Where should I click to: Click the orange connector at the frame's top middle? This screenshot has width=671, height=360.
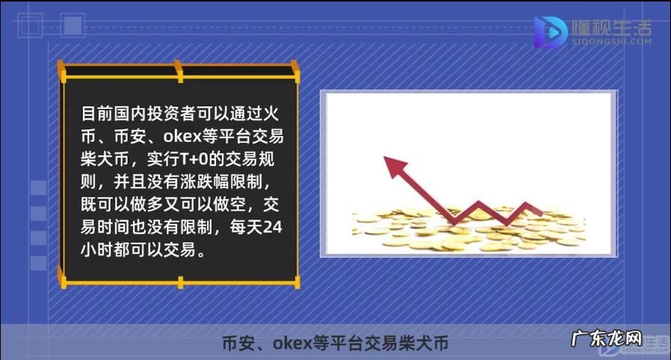(x=179, y=72)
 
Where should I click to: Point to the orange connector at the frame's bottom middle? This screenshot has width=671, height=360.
(x=180, y=282)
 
